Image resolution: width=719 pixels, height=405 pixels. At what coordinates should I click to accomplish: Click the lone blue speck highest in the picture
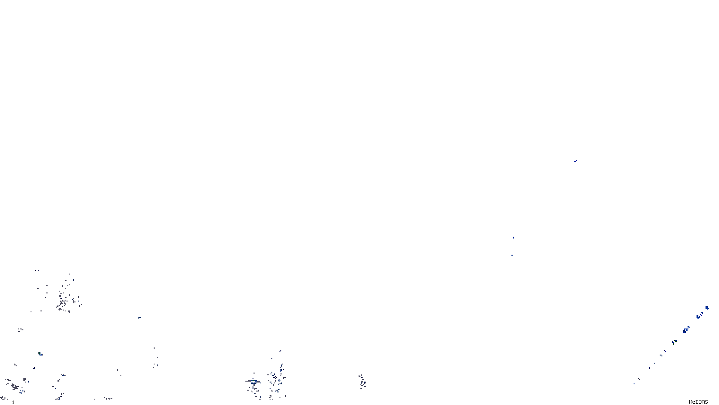(575, 161)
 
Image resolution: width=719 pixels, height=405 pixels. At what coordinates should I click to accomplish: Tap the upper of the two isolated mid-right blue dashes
(514, 238)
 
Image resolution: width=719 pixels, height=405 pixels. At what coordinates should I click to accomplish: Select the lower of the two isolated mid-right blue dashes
(512, 255)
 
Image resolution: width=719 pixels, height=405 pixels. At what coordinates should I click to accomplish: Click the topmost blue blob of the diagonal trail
(707, 308)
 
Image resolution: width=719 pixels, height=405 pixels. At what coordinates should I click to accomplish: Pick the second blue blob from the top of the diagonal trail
(700, 316)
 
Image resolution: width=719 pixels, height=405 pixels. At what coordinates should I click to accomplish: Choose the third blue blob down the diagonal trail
(686, 330)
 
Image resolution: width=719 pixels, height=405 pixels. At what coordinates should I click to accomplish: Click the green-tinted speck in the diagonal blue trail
(674, 342)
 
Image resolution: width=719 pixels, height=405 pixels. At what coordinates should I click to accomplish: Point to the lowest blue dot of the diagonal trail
(634, 383)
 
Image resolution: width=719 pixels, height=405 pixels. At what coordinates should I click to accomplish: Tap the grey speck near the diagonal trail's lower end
(639, 379)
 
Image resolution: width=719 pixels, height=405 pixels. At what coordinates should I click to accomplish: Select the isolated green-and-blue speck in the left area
(40, 354)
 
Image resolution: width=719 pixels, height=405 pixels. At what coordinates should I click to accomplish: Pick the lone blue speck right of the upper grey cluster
(140, 318)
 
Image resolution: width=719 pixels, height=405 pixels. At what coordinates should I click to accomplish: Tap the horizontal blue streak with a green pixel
(253, 382)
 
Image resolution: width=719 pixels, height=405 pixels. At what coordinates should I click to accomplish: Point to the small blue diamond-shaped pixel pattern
(278, 381)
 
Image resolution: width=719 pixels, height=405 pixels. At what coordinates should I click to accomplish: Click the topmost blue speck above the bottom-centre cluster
(280, 351)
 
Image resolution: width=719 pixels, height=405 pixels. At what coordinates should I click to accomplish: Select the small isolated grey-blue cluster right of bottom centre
(362, 382)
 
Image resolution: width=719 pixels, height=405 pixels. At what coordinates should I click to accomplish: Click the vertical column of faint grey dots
(155, 358)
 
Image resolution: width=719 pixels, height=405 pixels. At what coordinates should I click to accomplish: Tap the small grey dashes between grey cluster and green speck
(21, 330)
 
